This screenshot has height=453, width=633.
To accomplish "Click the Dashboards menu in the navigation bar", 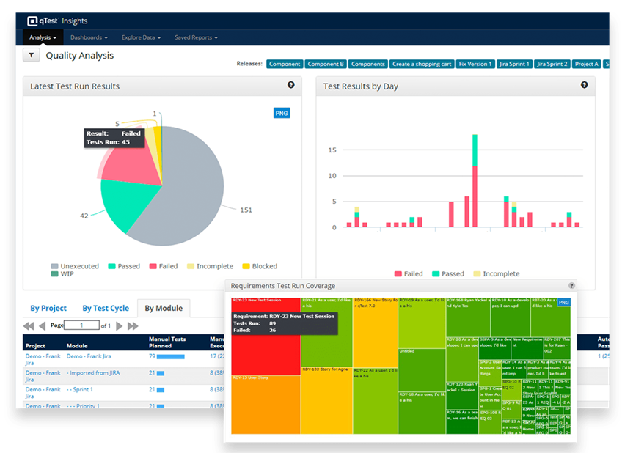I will [89, 37].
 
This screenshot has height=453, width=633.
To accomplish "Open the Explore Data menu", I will [141, 37].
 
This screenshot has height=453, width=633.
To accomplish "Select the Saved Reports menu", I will [196, 37].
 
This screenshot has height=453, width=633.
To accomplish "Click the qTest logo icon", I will [34, 21].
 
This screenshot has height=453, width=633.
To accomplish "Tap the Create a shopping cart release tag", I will [422, 64].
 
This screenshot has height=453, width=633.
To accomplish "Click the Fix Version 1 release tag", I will [475, 64].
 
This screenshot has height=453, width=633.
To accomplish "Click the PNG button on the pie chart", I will [282, 113].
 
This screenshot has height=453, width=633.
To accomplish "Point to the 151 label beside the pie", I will [246, 210].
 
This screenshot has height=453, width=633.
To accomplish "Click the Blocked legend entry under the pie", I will [259, 266].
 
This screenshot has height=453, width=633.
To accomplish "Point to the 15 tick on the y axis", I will [332, 150].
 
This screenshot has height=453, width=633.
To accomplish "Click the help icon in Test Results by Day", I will [584, 85].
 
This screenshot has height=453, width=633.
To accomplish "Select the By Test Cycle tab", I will [106, 309].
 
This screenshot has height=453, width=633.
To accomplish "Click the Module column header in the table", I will [77, 346].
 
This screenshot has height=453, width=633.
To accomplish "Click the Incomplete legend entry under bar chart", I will [495, 273].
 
